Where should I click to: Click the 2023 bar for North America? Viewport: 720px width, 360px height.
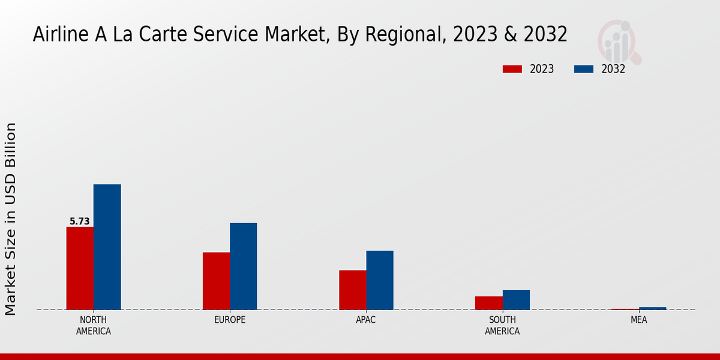(80, 268)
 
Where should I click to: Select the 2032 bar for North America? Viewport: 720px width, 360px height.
(107, 247)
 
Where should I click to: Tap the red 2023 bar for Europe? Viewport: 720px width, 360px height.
(216, 281)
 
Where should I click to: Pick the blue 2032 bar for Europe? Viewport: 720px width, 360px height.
(243, 266)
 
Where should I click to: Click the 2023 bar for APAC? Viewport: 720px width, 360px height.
(352, 290)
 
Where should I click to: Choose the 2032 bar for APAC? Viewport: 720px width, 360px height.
(380, 280)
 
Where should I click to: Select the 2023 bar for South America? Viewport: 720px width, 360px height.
(488, 303)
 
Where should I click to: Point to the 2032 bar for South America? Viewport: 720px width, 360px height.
(516, 299)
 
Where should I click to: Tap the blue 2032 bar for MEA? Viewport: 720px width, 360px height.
(652, 308)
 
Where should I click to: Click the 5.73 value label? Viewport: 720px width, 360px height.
(79, 221)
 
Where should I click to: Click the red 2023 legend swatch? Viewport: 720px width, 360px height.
(512, 69)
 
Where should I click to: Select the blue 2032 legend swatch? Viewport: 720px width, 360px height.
(584, 69)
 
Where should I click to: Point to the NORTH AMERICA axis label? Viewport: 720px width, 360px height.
(94, 325)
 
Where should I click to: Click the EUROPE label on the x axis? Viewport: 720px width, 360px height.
(230, 320)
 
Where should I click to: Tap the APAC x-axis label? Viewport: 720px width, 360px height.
(366, 320)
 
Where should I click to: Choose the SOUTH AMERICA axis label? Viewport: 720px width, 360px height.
(502, 325)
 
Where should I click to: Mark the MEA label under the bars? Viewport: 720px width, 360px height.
(638, 320)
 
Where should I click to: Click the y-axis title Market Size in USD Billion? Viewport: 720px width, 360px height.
(11, 219)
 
